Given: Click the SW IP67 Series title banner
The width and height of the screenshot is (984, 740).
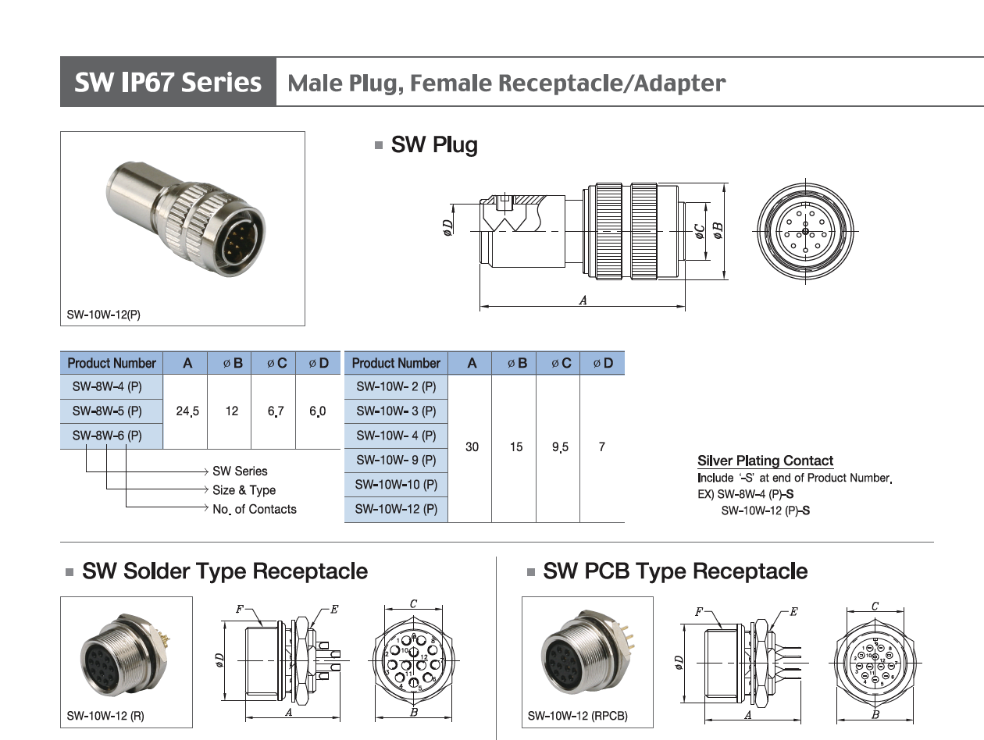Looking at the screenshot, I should coord(168,82).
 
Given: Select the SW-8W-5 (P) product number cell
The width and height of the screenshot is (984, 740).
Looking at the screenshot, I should coord(107,411).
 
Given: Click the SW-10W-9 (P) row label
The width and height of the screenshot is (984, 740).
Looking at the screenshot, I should coord(396,460).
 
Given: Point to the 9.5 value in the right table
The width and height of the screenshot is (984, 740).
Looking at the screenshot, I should coord(560,447).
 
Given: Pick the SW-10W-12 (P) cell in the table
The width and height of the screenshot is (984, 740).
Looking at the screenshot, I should coord(396,509).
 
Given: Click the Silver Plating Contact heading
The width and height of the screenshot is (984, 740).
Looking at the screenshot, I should coord(765,461).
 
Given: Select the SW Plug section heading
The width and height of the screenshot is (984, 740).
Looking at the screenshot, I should coord(433,145).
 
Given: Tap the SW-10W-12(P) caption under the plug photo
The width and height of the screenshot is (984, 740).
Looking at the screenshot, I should coord(104,315).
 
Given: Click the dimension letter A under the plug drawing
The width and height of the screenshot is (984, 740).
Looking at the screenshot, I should coord(583,300).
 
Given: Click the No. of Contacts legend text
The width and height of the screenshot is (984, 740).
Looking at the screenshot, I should coord(255,509).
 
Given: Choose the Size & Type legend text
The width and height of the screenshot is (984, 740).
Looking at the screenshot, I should coord(244,490).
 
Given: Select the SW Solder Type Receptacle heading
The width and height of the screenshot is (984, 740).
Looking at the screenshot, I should coord(225,571).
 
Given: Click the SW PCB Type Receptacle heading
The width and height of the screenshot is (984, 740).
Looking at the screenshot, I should coord(675,571).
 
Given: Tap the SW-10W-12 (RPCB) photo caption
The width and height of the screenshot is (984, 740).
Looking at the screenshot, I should coord(577,715).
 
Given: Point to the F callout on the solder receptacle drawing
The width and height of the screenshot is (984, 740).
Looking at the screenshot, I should coord(240,610).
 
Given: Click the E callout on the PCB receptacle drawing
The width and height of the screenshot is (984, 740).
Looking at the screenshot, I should coord(793,611).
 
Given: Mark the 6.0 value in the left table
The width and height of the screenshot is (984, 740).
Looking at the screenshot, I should coord(317,411).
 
